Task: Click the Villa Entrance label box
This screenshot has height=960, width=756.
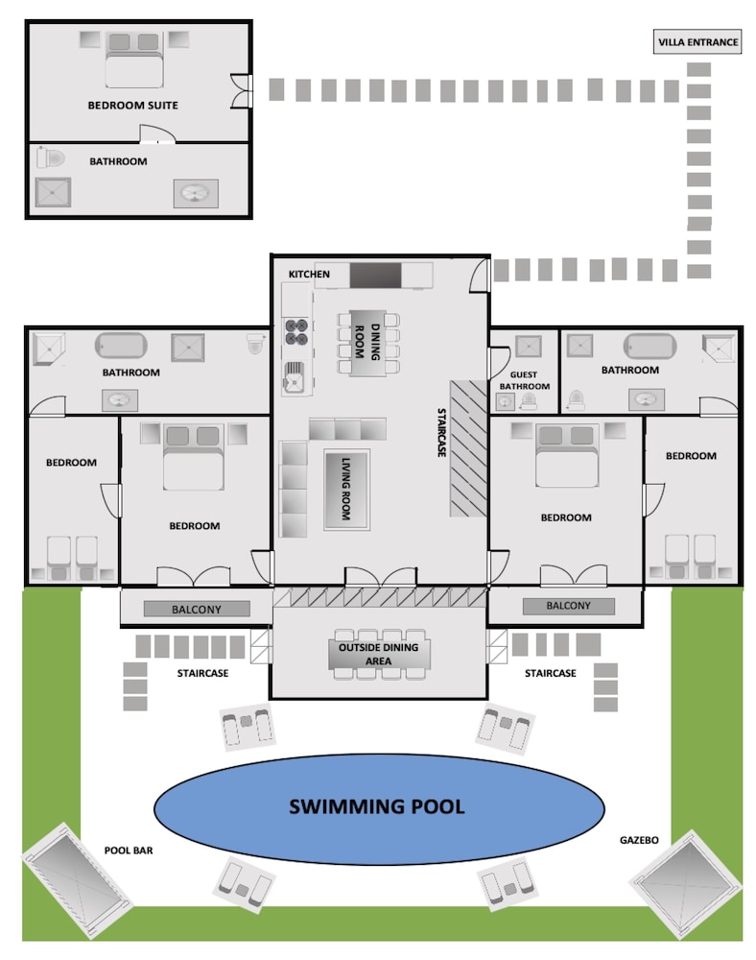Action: [x=697, y=41]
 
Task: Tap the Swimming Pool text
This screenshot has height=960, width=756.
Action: [x=377, y=806]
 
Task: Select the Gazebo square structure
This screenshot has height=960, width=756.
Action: [x=685, y=883]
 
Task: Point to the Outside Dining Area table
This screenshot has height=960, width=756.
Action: [x=379, y=654]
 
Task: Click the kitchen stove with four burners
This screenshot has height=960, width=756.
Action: [x=296, y=331]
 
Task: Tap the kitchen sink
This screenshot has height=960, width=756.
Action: [x=295, y=376]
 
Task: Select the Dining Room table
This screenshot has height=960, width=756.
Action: [x=367, y=343]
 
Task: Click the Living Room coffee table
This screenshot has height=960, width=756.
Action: [x=346, y=490]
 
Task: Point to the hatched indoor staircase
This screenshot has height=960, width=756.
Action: [x=468, y=448]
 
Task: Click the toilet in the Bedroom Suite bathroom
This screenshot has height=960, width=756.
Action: [x=50, y=157]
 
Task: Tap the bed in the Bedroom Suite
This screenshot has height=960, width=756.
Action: [x=134, y=60]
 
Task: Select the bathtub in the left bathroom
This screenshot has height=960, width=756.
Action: [x=121, y=346]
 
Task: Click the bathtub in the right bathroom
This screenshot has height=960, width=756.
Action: [x=650, y=346]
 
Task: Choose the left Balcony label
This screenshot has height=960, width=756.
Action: [x=197, y=609]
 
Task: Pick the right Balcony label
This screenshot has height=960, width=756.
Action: [x=568, y=606]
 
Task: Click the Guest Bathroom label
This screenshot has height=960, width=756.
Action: [x=524, y=380]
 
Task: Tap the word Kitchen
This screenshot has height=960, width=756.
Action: [x=309, y=275]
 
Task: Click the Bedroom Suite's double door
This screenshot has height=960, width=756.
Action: [x=242, y=90]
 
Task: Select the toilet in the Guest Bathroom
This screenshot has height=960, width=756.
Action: [x=529, y=401]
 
